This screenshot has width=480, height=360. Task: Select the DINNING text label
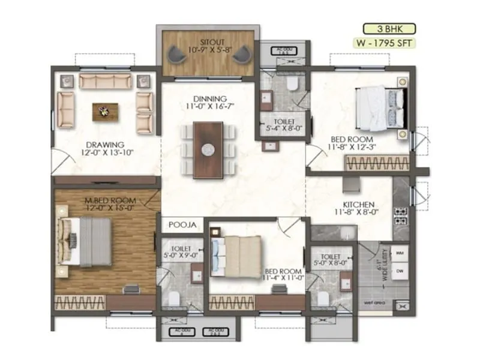point(209,99)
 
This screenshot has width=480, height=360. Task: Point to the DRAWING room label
point(104,145)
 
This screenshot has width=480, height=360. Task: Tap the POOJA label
point(182,225)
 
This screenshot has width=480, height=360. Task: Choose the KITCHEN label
point(359,205)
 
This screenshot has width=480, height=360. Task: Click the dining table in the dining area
point(207,149)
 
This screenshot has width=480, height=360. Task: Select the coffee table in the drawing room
point(105,110)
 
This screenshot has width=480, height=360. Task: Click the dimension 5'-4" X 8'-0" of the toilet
point(282,128)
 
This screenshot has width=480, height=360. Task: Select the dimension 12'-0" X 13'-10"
point(104,153)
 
